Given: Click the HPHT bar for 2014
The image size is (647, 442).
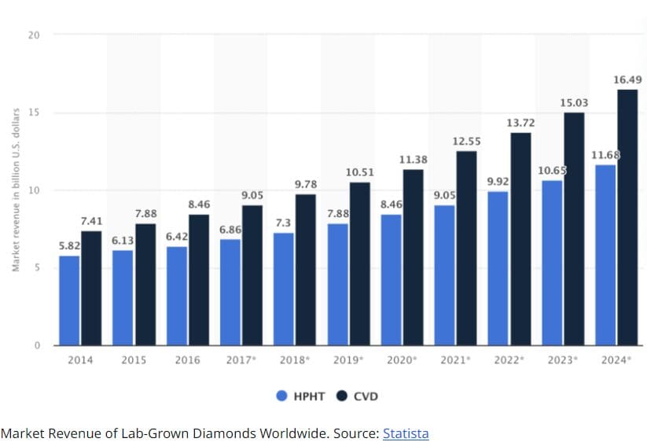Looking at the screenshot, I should tap(69, 300).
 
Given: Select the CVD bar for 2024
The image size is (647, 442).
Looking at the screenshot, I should tap(627, 217).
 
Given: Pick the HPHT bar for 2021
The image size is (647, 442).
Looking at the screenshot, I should tap(444, 275).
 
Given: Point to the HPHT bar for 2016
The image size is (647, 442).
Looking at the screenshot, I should tap(176, 296).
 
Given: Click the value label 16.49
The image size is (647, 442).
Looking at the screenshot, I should tap(627, 79).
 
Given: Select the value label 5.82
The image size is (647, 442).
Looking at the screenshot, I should tap(69, 245).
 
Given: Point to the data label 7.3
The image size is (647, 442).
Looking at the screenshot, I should tap(284, 223).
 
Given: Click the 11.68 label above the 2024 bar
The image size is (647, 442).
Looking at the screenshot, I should tap(604, 154).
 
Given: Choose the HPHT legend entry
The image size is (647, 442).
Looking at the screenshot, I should tap(300, 396).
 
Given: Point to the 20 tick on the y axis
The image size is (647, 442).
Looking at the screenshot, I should tap(34, 35).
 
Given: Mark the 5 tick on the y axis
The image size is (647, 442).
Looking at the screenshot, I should tap(37, 267).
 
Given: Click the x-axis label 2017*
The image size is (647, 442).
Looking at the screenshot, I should tap(241, 360).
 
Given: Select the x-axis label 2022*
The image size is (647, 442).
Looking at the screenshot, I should tap(509, 360).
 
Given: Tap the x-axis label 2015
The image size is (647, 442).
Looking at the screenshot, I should tap(134, 360).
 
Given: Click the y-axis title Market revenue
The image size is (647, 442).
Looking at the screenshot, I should tap(15, 190).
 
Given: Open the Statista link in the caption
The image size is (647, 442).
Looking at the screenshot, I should tap(406, 433).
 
